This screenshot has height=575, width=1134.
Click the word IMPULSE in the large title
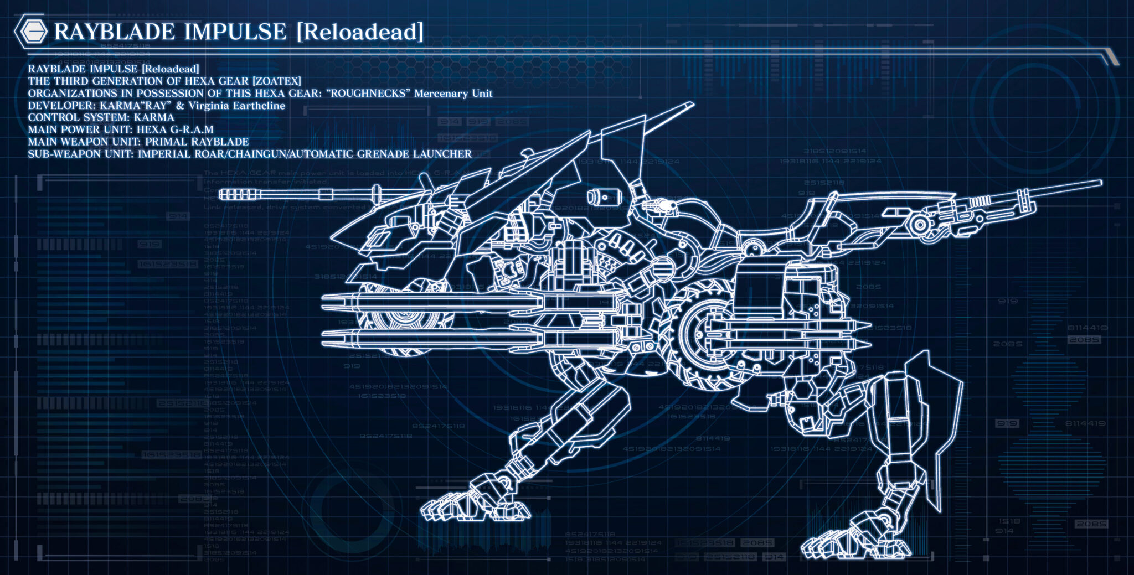click(x=235, y=32)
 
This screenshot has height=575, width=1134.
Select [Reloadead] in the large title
click(x=360, y=32)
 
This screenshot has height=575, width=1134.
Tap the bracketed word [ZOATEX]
click(x=276, y=81)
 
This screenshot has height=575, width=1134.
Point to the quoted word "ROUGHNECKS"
click(x=368, y=94)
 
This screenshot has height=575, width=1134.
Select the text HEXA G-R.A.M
click(x=175, y=130)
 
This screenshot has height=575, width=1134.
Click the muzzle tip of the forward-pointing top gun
click(x=221, y=194)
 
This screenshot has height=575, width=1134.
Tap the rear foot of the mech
click(x=831, y=545)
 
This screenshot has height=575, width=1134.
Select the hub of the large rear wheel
click(x=702, y=333)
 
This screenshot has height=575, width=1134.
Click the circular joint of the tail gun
click(x=920, y=225)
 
